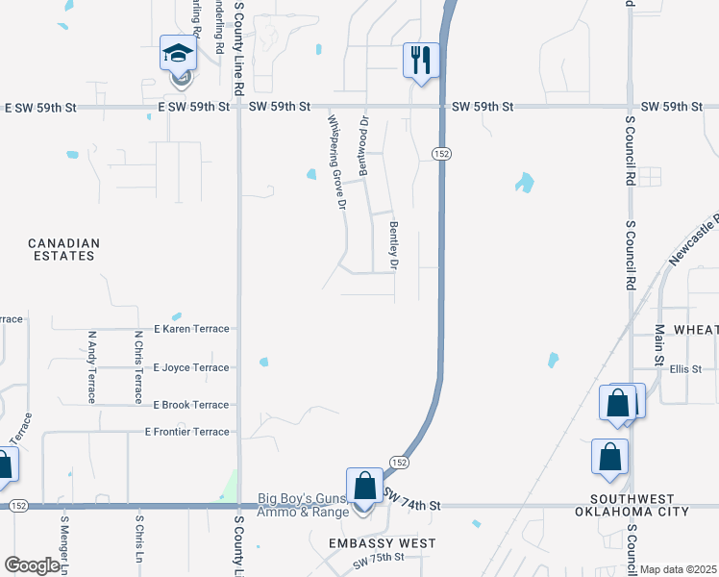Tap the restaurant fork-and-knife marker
pos(420,61)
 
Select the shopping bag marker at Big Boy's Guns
pos(364,486)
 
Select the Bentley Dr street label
pos(393,244)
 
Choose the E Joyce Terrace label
pos(193,367)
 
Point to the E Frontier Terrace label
pos(187,432)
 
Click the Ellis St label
pos(686,368)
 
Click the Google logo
pos(31,564)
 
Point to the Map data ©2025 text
pos(678,569)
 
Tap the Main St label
pos(660,345)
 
